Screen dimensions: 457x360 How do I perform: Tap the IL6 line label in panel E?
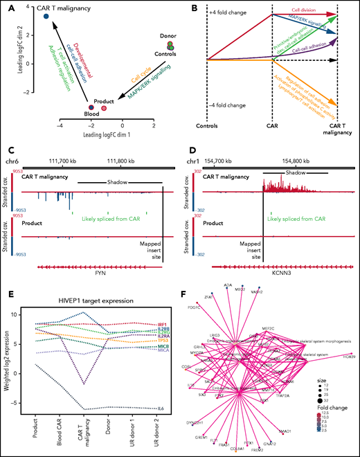[161, 409]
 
